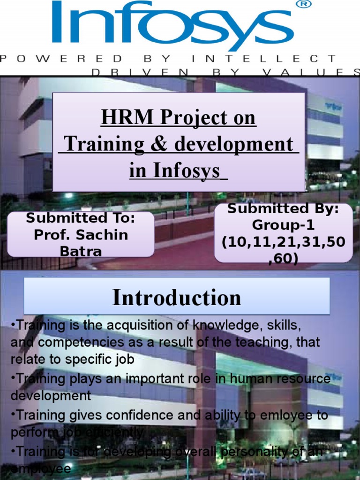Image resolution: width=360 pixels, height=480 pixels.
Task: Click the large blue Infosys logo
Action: pyautogui.click(x=172, y=26)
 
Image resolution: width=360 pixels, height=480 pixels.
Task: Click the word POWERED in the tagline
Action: pyautogui.click(x=61, y=59)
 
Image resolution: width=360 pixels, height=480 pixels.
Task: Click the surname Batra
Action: pyautogui.click(x=81, y=251)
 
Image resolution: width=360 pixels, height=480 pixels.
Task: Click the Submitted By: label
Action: pyautogui.click(x=283, y=209)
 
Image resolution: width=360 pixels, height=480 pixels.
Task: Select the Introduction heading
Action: pyautogui.click(x=177, y=297)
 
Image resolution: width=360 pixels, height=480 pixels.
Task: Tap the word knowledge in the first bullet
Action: pyautogui.click(x=227, y=325)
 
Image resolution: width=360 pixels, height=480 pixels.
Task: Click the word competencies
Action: pyautogui.click(x=77, y=342)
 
